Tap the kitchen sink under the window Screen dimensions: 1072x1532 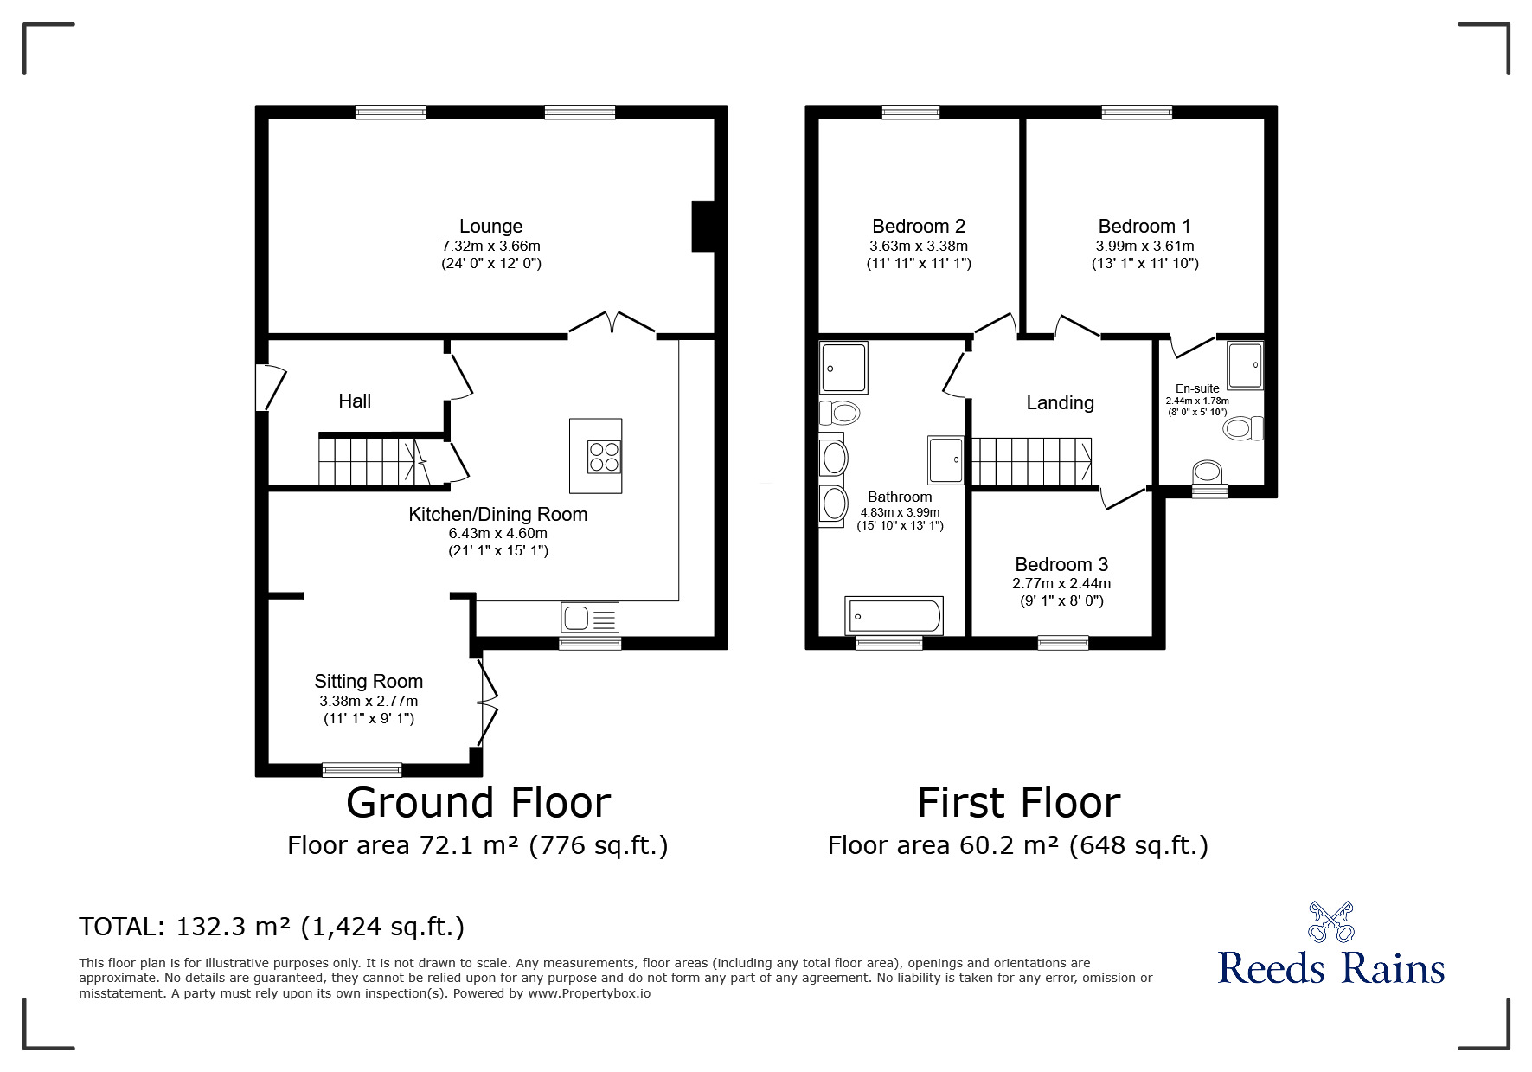[x=590, y=618]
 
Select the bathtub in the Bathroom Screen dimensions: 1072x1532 [x=894, y=616]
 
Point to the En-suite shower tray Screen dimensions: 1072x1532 [x=1245, y=365]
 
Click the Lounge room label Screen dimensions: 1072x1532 [x=490, y=227]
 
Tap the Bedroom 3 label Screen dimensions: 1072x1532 [x=1061, y=565]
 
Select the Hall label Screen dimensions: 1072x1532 [x=355, y=401]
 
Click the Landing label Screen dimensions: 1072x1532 [x=1060, y=403]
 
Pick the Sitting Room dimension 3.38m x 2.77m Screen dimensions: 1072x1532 [x=369, y=702]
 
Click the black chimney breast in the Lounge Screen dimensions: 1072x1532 [x=703, y=227]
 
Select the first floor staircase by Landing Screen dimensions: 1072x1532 [x=1031, y=461]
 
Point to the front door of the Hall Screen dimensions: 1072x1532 [x=272, y=388]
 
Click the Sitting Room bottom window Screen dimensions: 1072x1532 [x=362, y=769]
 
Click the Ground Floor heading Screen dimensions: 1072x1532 [x=478, y=803]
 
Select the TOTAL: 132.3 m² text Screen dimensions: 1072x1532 [x=272, y=928]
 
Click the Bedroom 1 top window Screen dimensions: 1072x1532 [x=1137, y=112]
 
